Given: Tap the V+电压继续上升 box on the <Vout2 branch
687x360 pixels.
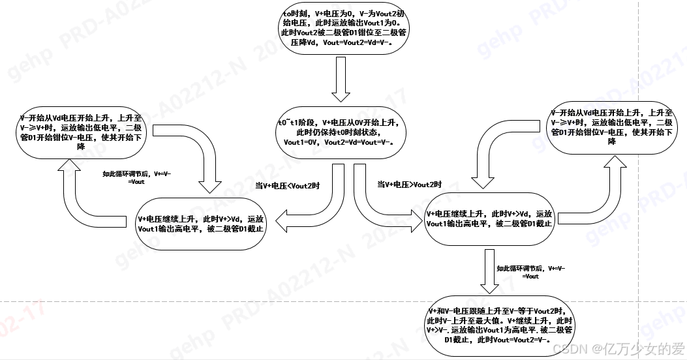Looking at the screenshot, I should click(202, 224).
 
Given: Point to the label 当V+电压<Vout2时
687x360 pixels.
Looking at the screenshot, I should click(288, 185).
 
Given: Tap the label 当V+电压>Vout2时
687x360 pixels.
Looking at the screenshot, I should click(409, 185).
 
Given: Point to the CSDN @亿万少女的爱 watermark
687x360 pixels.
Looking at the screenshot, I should click(613, 348).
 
